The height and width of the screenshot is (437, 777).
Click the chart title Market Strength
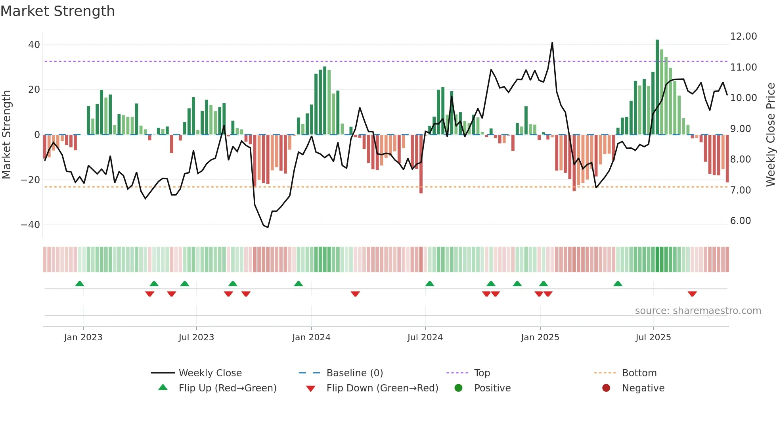pos(57,11)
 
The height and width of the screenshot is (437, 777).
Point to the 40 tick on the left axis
pos(34,45)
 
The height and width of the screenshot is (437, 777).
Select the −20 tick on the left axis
pos(31,180)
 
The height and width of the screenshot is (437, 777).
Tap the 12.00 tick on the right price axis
pos(743,36)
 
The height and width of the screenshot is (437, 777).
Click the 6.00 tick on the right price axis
pos(741,221)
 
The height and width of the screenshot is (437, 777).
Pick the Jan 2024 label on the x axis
pos(311,337)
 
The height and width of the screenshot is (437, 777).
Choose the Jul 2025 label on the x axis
pos(653,337)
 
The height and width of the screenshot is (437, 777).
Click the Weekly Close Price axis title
pos(770,135)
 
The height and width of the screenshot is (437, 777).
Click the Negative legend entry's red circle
pos(606,388)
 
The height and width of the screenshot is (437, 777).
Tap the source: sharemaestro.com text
pos(698,311)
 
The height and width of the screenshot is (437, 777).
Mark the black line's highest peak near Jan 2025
pos(552,43)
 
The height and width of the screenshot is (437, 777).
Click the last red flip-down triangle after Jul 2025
pos(692,294)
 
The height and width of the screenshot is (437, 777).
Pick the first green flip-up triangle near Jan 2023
pos(80,284)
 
